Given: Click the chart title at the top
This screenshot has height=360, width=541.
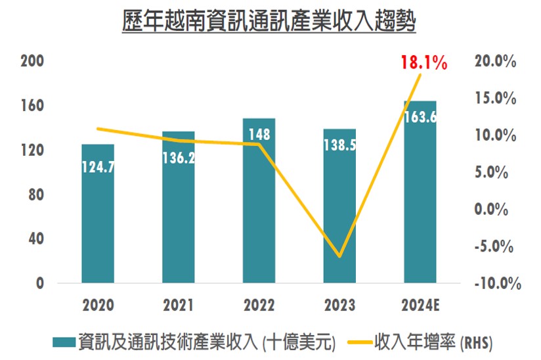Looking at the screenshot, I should coord(269,22).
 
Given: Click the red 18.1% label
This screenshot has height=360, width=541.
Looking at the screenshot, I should coord(424,64).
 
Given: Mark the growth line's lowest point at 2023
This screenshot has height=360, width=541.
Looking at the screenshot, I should coord(339,256).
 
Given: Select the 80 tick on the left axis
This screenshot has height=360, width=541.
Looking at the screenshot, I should coord(35,194).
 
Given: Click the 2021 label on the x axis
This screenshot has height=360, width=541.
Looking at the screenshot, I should coord(179,306).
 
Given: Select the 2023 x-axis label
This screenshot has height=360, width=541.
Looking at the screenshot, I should coord(339,306).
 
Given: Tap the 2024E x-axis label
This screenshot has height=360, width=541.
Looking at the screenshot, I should coord(420,306).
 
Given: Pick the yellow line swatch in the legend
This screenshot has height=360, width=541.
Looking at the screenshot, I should coord(357,342).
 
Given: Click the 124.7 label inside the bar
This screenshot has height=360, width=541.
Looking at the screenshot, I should coord(98,167).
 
